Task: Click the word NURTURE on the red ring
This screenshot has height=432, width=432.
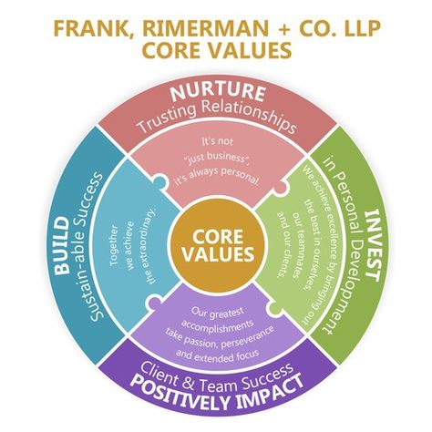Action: click(x=218, y=92)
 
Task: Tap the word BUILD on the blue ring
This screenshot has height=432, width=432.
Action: click(x=62, y=245)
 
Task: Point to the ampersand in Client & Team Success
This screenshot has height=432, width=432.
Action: click(x=189, y=384)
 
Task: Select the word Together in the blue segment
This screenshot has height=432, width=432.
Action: click(x=114, y=245)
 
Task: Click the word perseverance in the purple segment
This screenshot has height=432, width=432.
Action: click(x=248, y=337)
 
